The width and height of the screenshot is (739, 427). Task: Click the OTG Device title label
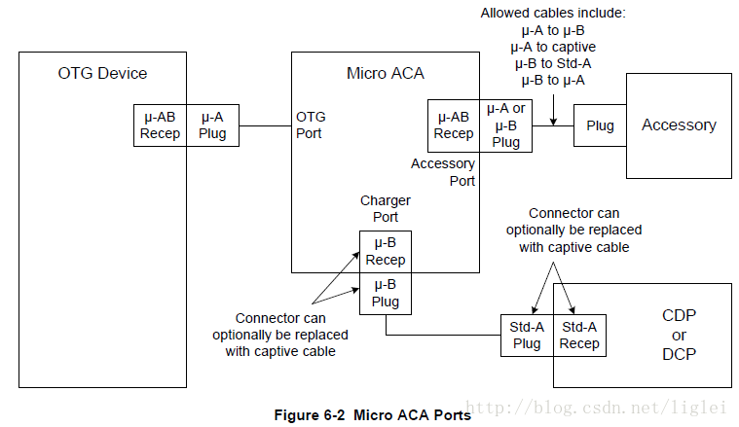(x=102, y=74)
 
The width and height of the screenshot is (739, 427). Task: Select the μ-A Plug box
(x=212, y=125)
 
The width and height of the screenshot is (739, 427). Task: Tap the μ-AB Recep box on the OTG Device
(x=161, y=125)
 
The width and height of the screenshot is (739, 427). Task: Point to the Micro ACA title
(x=385, y=74)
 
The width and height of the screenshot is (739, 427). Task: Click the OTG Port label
(x=311, y=125)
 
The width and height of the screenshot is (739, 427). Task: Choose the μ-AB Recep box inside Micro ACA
(x=454, y=125)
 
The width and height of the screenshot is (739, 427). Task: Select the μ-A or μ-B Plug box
(x=505, y=125)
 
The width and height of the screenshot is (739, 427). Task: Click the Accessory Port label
(x=443, y=172)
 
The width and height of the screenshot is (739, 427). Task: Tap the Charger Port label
(x=385, y=208)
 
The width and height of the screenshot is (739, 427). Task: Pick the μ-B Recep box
(x=386, y=251)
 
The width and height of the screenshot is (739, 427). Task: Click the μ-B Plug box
(x=386, y=294)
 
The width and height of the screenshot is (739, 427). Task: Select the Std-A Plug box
(x=527, y=336)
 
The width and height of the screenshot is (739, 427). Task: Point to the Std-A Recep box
(x=579, y=336)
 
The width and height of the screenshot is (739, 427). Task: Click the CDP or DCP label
(x=679, y=335)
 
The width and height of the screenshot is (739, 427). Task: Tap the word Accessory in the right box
(x=679, y=125)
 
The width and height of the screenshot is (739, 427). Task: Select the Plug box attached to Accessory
(x=600, y=125)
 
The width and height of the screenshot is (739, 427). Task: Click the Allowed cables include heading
(x=553, y=14)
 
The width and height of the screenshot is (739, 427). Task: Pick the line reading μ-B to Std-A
(x=553, y=63)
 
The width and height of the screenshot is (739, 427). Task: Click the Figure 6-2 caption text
(x=372, y=415)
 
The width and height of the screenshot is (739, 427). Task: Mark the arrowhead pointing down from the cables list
(x=553, y=122)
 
